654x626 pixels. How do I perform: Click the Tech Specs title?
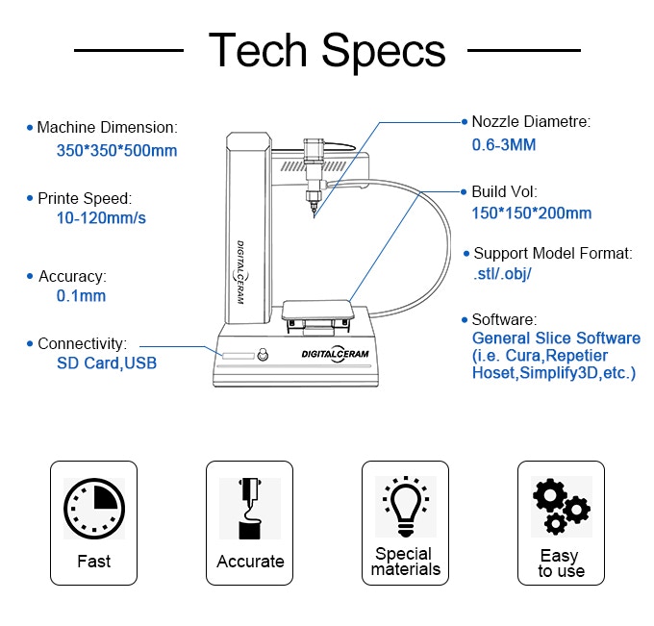(x=327, y=50)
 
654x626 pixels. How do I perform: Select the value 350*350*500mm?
(x=116, y=151)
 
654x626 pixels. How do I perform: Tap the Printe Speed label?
(x=85, y=199)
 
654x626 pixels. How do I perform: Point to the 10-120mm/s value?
(x=102, y=218)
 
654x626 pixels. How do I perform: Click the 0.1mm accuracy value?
(x=81, y=296)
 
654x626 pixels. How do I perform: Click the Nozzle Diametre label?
(x=530, y=122)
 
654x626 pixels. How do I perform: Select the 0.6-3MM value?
(x=503, y=145)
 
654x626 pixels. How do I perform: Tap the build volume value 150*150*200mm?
(x=531, y=213)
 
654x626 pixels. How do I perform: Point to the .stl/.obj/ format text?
(x=503, y=274)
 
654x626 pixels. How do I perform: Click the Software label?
(x=504, y=319)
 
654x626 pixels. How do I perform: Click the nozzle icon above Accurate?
(x=250, y=508)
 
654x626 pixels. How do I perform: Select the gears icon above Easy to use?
(x=560, y=506)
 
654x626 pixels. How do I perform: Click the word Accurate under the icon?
(x=250, y=562)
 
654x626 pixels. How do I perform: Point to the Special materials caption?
(x=405, y=562)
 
